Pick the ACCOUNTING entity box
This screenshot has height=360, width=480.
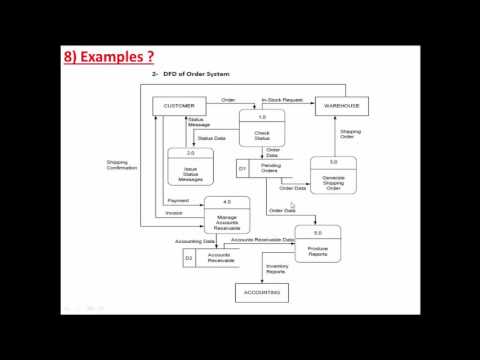(259, 292)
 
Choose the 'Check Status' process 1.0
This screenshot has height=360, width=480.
(262, 129)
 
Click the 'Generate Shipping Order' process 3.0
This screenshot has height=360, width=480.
(333, 176)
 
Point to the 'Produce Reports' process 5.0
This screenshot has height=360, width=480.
(317, 245)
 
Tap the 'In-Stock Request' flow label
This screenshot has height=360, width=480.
(281, 99)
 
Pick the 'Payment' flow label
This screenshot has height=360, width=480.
(178, 200)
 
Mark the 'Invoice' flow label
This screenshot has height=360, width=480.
(174, 212)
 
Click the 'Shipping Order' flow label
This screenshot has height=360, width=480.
(350, 134)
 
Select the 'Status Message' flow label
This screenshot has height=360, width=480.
(199, 122)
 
